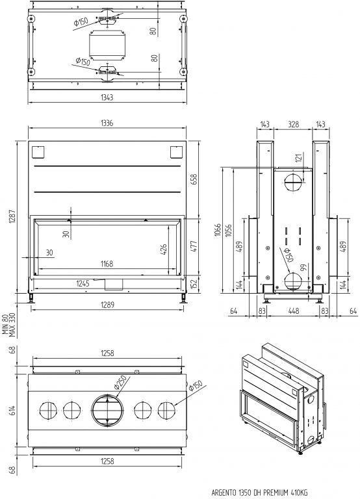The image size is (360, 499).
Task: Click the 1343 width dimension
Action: click(107, 97)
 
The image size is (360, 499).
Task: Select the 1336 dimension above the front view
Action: click(107, 123)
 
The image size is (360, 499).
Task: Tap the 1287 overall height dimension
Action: click(12, 216)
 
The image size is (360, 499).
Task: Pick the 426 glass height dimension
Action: click(163, 249)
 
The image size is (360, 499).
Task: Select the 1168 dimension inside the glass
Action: click(107, 264)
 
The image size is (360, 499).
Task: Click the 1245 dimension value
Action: click(83, 283)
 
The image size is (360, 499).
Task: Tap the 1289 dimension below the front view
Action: click(107, 305)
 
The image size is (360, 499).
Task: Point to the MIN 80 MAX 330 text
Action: click(9, 325)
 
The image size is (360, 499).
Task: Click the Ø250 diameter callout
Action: click(120, 382)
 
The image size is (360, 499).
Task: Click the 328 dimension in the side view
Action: click(293, 124)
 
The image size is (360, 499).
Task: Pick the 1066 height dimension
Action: click(218, 231)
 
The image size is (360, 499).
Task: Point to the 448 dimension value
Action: click(293, 311)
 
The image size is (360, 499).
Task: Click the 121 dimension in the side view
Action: click(298, 157)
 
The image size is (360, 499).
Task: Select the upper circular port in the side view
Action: click(293, 183)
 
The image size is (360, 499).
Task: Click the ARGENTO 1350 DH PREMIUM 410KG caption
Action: click(259, 493)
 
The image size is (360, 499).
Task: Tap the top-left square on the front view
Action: click(38, 152)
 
